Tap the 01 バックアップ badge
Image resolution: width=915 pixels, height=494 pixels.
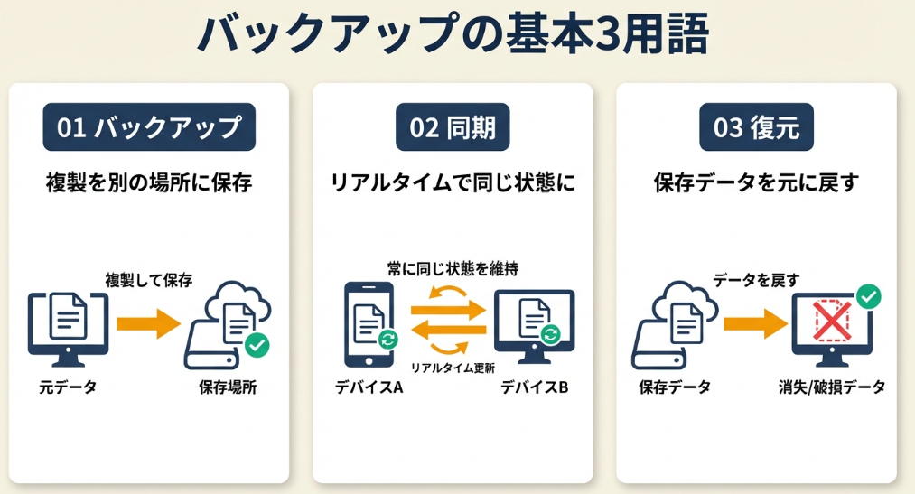click(149, 128)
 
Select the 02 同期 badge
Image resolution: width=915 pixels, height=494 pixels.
click(453, 128)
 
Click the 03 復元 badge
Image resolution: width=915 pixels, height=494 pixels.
click(756, 128)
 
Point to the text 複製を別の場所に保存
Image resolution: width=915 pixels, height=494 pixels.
click(149, 183)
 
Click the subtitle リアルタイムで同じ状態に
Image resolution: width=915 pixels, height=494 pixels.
click(453, 183)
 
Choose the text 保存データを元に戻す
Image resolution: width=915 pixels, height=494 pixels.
click(756, 183)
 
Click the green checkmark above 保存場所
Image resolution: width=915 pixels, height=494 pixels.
click(257, 345)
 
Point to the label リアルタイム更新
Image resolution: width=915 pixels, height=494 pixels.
click(453, 368)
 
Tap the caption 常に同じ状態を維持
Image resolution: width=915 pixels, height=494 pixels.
click(453, 268)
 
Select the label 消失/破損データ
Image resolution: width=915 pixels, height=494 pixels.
click(832, 387)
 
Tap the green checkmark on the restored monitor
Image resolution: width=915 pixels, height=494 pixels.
click(868, 295)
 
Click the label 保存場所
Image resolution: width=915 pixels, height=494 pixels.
click(233, 388)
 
